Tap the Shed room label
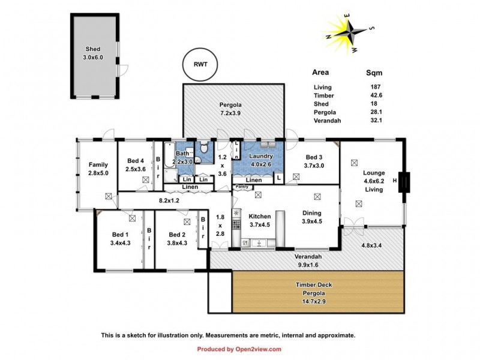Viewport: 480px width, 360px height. tap(92, 49)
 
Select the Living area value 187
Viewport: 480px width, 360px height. tap(374, 87)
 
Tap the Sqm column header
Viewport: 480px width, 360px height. tap(374, 73)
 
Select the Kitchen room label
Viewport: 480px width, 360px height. tap(260, 216)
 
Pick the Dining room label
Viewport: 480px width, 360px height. tap(312, 213)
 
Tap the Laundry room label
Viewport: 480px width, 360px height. tap(261, 156)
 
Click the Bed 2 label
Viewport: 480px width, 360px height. tap(178, 235)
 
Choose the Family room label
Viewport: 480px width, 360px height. tap(98, 164)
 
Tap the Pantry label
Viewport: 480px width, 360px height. tap(242, 187)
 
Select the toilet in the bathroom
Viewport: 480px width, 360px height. tap(205, 147)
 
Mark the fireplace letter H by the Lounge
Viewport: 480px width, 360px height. tap(395, 180)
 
